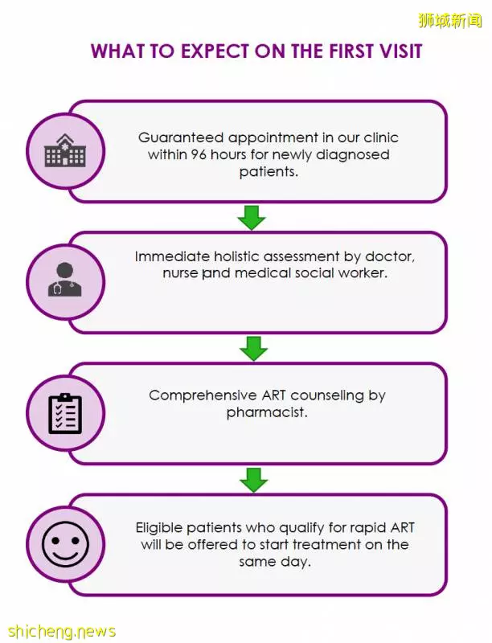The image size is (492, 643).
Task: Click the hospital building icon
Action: click(65, 150)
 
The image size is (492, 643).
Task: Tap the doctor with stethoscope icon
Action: click(65, 280)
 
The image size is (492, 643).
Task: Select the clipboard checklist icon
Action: click(65, 413)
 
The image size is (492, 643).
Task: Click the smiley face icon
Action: click(65, 544)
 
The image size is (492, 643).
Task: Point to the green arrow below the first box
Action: click(252, 217)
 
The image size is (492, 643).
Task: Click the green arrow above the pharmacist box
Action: click(253, 349)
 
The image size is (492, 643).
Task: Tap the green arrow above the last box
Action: click(253, 480)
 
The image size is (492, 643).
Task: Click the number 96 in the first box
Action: click(199, 154)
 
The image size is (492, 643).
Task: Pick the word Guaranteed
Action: click(181, 137)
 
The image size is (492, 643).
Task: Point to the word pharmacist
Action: click(267, 412)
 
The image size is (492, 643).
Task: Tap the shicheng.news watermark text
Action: click(62, 631)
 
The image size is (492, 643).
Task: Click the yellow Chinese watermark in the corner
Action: click(449, 20)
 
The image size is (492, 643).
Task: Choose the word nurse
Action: click(181, 273)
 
